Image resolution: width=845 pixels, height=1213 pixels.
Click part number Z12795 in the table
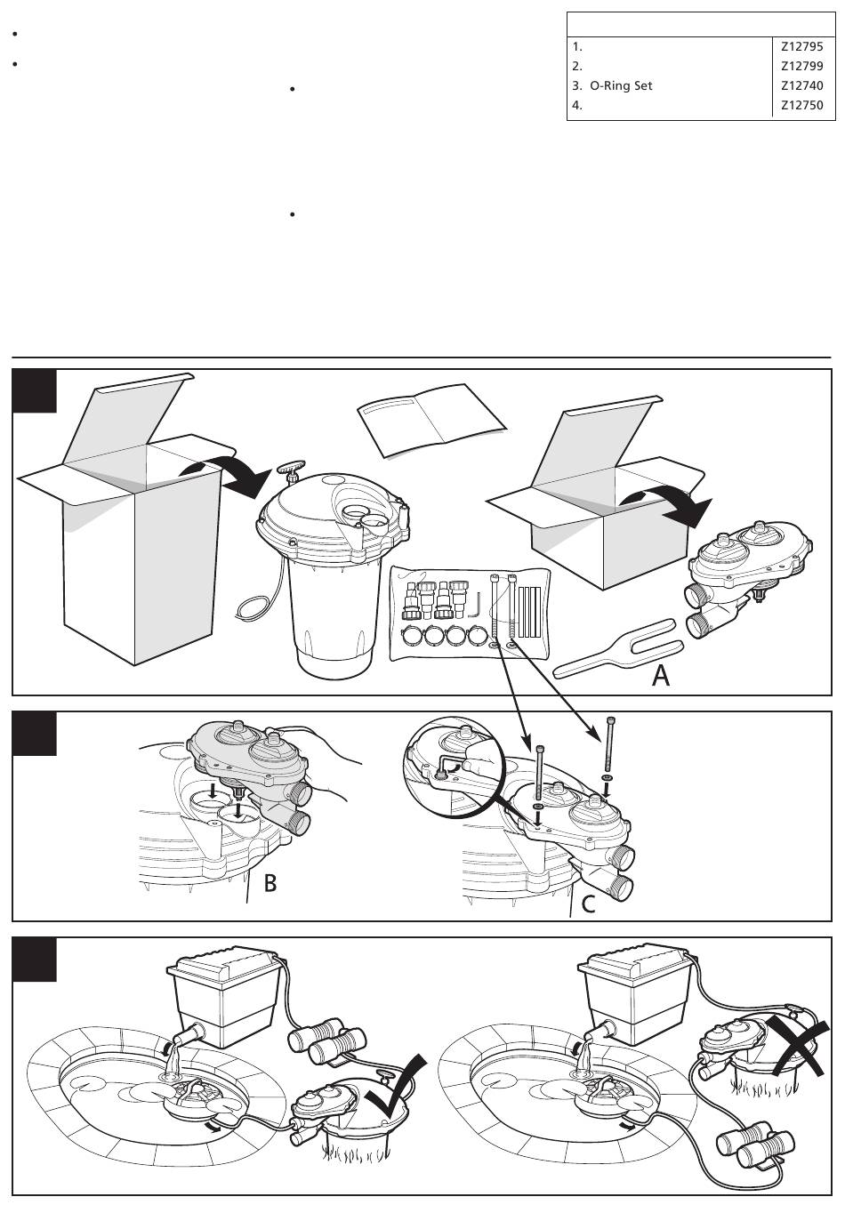tap(801, 46)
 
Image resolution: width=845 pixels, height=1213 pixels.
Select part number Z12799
tap(801, 66)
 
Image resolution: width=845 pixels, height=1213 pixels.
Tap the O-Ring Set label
tap(621, 86)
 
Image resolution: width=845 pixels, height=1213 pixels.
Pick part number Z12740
tap(801, 86)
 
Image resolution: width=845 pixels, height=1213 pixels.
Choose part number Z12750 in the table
tap(801, 106)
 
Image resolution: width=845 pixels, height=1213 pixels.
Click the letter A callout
tap(661, 677)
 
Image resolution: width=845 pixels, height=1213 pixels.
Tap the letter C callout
tap(588, 904)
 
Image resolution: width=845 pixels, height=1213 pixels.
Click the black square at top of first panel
tap(35, 391)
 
